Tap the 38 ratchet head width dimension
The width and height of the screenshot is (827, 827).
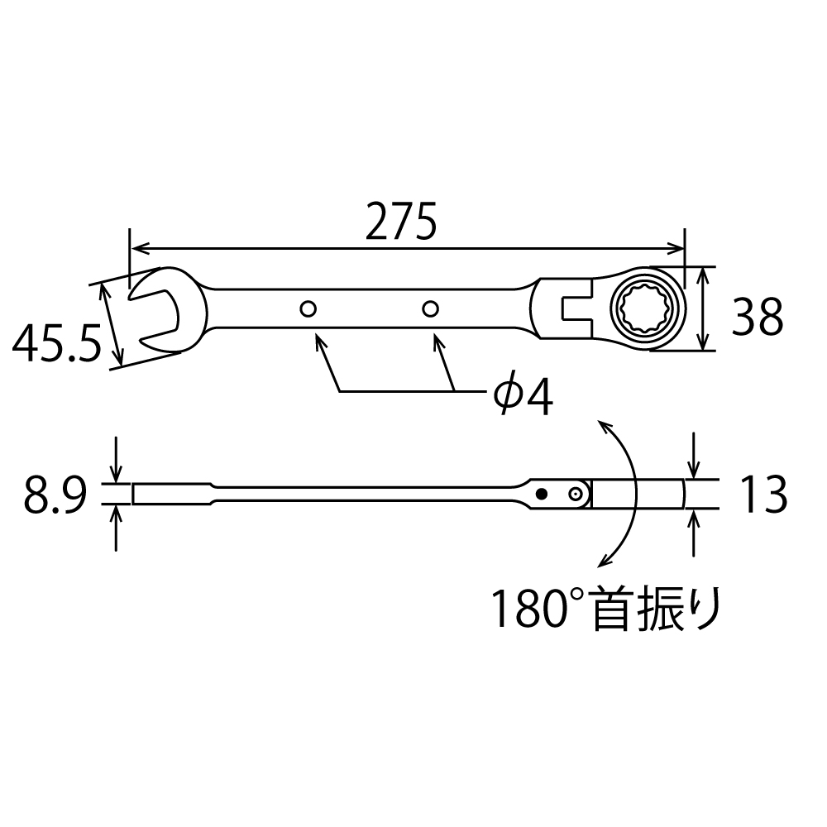[x=757, y=318]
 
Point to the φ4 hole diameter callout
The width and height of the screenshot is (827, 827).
[x=523, y=397]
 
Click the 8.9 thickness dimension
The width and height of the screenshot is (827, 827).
[x=55, y=496]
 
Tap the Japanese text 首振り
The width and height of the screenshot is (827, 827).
[x=657, y=609]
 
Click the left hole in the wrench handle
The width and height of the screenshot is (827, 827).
[x=308, y=309]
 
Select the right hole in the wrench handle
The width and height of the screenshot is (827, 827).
[x=428, y=308]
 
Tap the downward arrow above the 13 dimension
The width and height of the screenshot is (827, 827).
[x=694, y=471]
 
